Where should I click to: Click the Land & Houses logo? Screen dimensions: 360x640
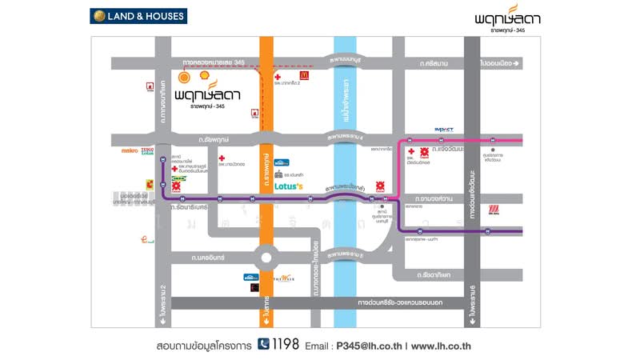(138, 15)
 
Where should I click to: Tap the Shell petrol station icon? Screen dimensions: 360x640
(204, 76)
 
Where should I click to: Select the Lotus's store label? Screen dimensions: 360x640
(289, 186)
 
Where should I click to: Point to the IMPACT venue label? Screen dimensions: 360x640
(444, 129)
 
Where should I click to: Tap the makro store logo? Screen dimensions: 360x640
(130, 150)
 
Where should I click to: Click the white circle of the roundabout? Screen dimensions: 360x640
(266, 258)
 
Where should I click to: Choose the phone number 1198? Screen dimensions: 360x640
(286, 345)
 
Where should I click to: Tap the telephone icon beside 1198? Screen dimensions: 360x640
(264, 345)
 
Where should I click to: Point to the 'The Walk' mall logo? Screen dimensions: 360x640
(284, 278)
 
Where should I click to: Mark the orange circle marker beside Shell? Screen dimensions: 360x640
(185, 78)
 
